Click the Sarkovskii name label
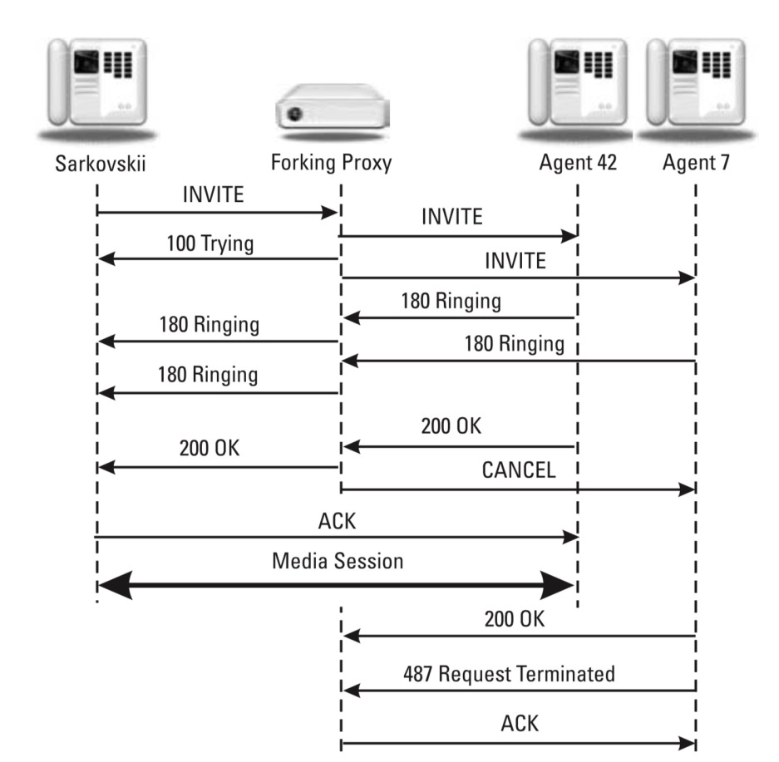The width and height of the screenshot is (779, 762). (x=96, y=162)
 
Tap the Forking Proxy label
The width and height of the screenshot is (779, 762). (x=332, y=162)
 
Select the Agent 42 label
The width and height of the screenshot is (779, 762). (x=577, y=162)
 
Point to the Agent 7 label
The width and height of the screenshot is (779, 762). (x=696, y=162)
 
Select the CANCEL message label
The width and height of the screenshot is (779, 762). (x=517, y=471)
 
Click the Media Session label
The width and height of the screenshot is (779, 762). (x=337, y=561)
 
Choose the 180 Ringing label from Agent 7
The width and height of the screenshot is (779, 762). (x=514, y=343)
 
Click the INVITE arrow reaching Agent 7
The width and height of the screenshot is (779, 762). (x=517, y=278)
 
